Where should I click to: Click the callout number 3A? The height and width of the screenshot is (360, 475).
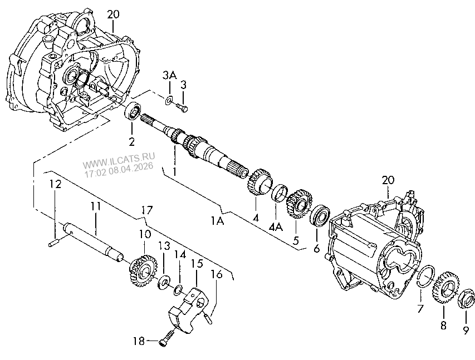[x=169, y=75]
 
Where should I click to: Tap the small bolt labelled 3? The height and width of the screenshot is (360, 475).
[x=182, y=107]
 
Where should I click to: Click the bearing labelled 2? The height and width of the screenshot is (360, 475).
[x=133, y=111]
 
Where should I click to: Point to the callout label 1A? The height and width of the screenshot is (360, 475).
[x=218, y=221]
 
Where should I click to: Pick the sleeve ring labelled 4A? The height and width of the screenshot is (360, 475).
[x=280, y=193]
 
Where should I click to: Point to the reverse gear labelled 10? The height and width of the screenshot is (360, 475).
[x=143, y=270]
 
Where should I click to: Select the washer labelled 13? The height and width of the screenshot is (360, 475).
[x=164, y=283]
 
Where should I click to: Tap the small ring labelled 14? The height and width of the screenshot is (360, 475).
[x=178, y=289]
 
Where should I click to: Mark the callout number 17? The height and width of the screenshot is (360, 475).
[x=146, y=210]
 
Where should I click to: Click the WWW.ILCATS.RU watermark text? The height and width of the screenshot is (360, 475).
[x=119, y=160]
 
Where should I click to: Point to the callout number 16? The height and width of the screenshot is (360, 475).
[x=217, y=274]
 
